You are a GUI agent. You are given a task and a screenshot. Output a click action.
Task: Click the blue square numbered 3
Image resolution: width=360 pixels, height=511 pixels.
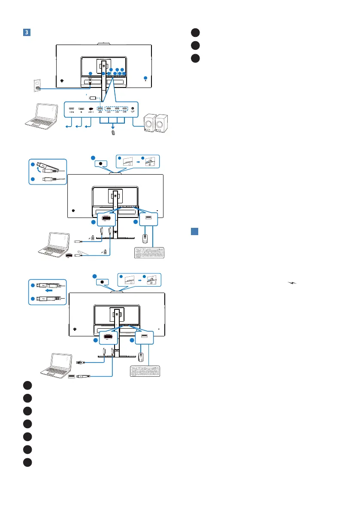[x=26, y=33]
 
